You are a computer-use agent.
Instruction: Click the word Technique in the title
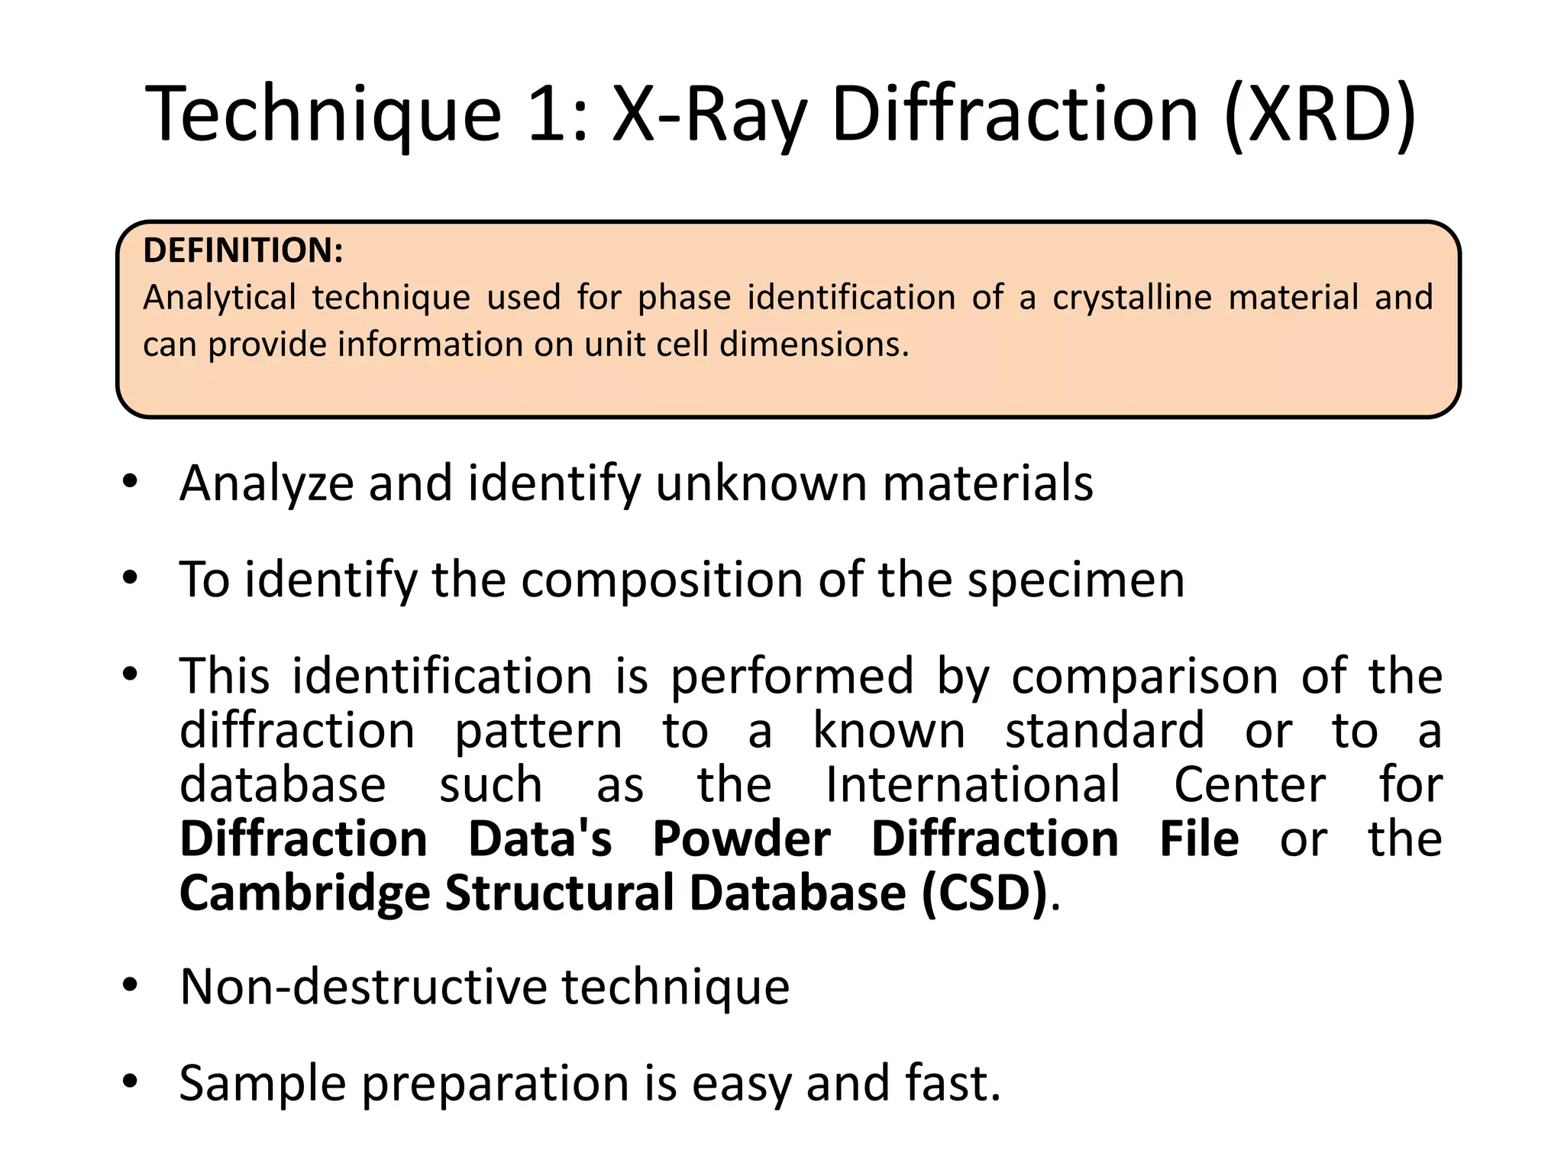tap(324, 115)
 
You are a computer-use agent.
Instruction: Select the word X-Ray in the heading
tap(709, 115)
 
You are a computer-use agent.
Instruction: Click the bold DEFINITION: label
tap(243, 250)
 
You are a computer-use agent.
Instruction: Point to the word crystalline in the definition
tap(1132, 297)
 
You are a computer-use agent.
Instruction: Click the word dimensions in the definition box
tap(814, 344)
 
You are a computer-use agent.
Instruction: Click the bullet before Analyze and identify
tap(131, 482)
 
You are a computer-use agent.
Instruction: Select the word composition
tap(661, 580)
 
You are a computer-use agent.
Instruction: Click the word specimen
tap(1076, 580)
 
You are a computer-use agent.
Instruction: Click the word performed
tap(792, 677)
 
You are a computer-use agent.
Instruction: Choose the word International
tap(973, 785)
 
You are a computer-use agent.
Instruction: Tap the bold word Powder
tap(741, 839)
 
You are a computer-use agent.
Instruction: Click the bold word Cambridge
tap(305, 893)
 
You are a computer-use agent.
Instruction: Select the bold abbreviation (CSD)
tap(984, 893)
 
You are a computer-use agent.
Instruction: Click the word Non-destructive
tap(364, 987)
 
